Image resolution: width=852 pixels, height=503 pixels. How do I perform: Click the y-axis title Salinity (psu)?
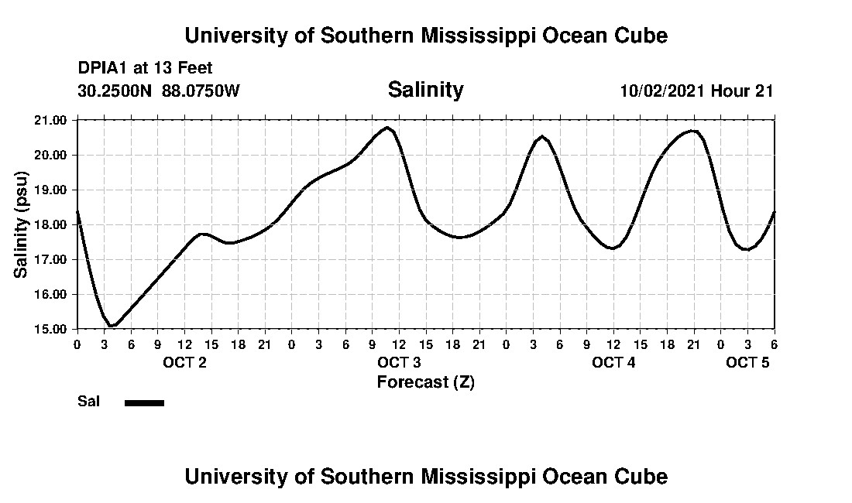[x=21, y=224]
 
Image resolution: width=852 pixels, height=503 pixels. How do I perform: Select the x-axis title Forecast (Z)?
[x=425, y=382]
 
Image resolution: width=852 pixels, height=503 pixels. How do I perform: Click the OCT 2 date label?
[x=184, y=362]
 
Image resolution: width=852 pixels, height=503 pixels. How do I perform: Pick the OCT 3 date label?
[x=399, y=362]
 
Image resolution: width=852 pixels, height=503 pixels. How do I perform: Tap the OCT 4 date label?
[x=613, y=362]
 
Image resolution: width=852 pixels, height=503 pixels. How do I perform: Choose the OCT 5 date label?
[x=747, y=362]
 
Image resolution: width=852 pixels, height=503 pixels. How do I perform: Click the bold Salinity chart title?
[x=425, y=90]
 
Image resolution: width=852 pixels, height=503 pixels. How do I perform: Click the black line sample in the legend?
[x=144, y=402]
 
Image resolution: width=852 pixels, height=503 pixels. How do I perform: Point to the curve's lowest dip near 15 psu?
[x=112, y=326]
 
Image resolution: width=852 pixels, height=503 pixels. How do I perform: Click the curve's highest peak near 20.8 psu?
[x=387, y=127]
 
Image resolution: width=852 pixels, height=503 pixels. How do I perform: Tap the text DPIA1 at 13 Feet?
[x=145, y=68]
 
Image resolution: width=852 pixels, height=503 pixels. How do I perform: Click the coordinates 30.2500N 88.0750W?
[x=159, y=91]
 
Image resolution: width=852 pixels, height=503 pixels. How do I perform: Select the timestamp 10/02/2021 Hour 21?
[x=696, y=91]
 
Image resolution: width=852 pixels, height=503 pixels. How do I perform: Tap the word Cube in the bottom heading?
[x=644, y=476]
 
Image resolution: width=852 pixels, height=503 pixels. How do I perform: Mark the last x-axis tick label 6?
[x=774, y=344]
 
